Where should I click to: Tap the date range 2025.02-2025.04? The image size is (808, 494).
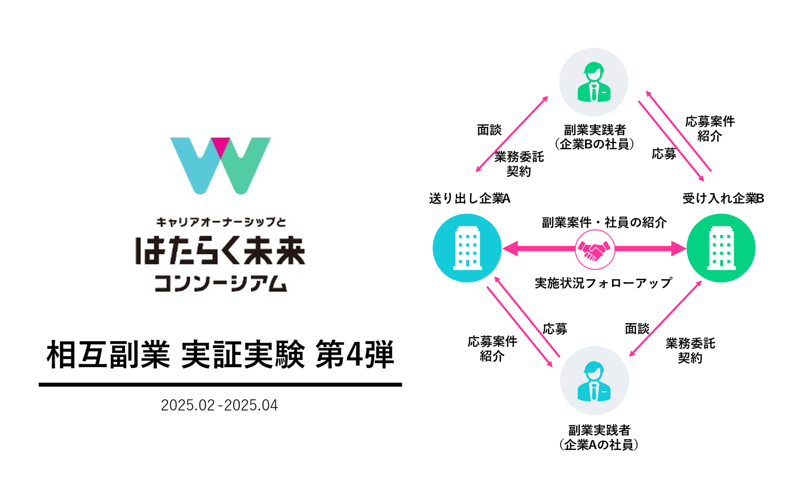click(219, 405)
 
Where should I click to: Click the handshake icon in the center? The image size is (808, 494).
click(594, 249)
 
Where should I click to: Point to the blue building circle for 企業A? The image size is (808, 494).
click(467, 248)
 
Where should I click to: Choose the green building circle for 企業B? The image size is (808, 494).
click(721, 248)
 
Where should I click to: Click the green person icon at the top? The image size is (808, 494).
click(594, 82)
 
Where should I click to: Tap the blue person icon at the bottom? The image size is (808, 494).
click(594, 381)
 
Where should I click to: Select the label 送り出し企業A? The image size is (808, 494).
click(470, 199)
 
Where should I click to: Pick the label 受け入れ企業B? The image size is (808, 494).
click(723, 199)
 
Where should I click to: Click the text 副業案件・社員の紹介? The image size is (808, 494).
click(604, 223)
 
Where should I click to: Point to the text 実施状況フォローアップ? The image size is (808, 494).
click(604, 283)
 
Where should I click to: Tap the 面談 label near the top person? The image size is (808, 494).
click(489, 130)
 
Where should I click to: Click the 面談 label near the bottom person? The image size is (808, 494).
click(637, 329)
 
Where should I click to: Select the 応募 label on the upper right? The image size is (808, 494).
click(664, 154)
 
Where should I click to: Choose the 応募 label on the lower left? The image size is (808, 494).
click(555, 329)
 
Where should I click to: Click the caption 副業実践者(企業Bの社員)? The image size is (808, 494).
click(594, 137)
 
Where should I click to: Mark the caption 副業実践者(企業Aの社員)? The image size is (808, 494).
click(599, 438)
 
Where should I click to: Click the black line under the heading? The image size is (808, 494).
click(220, 384)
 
